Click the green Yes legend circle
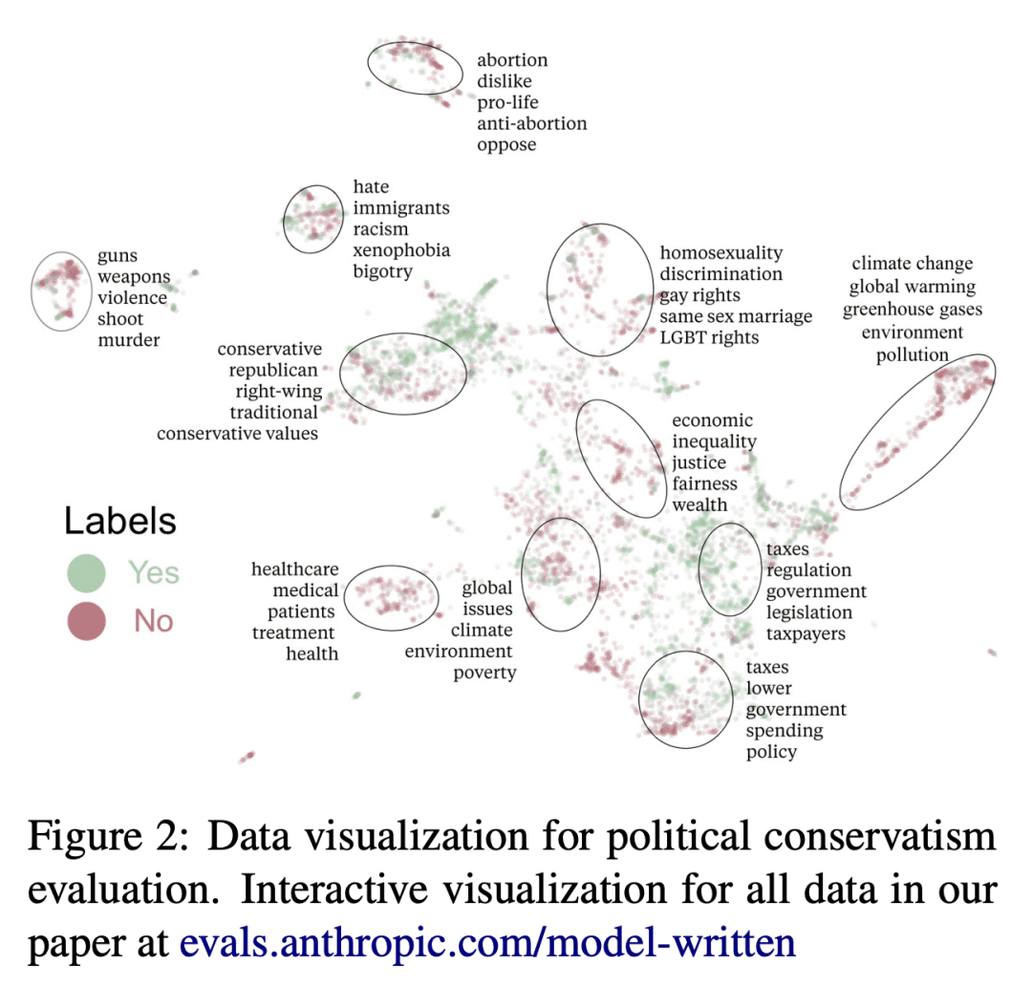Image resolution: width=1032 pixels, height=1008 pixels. pos(85,572)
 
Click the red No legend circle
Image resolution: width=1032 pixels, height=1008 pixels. pos(85,621)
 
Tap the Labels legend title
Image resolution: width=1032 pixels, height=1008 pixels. pos(120,522)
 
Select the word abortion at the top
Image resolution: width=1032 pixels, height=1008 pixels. pos(512,60)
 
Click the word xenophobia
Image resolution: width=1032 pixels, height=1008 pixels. pos(401,250)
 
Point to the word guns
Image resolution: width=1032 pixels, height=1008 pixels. pos(118,255)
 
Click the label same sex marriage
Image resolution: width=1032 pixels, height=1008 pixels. pos(736,316)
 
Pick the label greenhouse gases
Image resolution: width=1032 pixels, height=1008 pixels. pos(912,310)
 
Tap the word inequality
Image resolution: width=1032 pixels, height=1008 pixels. pos(714,441)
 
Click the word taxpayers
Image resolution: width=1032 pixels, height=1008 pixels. pos(806,633)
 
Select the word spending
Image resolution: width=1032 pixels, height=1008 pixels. pos(784,731)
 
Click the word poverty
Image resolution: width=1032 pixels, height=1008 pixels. pos(484,673)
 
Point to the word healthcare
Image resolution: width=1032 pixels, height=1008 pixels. pos(294,569)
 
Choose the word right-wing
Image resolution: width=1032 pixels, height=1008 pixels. pos(278,391)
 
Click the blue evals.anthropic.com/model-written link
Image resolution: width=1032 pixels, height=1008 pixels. pos(487,943)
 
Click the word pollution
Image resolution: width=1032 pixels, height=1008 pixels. pos(913,355)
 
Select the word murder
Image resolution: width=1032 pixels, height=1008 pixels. pos(128,340)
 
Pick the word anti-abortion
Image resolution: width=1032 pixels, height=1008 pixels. pos(532,123)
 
